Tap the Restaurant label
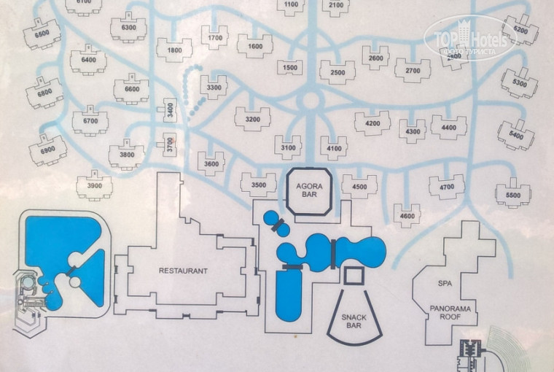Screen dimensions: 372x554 tap(183, 271)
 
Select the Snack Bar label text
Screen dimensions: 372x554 tap(354, 322)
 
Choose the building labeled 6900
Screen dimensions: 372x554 tap(47, 150)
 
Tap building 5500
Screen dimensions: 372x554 tap(512, 195)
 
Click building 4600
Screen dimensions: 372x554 tap(407, 215)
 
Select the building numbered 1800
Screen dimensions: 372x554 tap(173, 50)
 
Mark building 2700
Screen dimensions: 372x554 tap(413, 71)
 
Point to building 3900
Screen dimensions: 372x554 tap(94, 186)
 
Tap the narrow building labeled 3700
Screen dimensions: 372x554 tap(170, 143)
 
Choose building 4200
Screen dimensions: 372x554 tap(372, 123)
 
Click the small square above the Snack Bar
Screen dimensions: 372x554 tap(354, 276)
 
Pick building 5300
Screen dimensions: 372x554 tap(520, 83)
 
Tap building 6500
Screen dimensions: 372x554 tap(42, 34)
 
